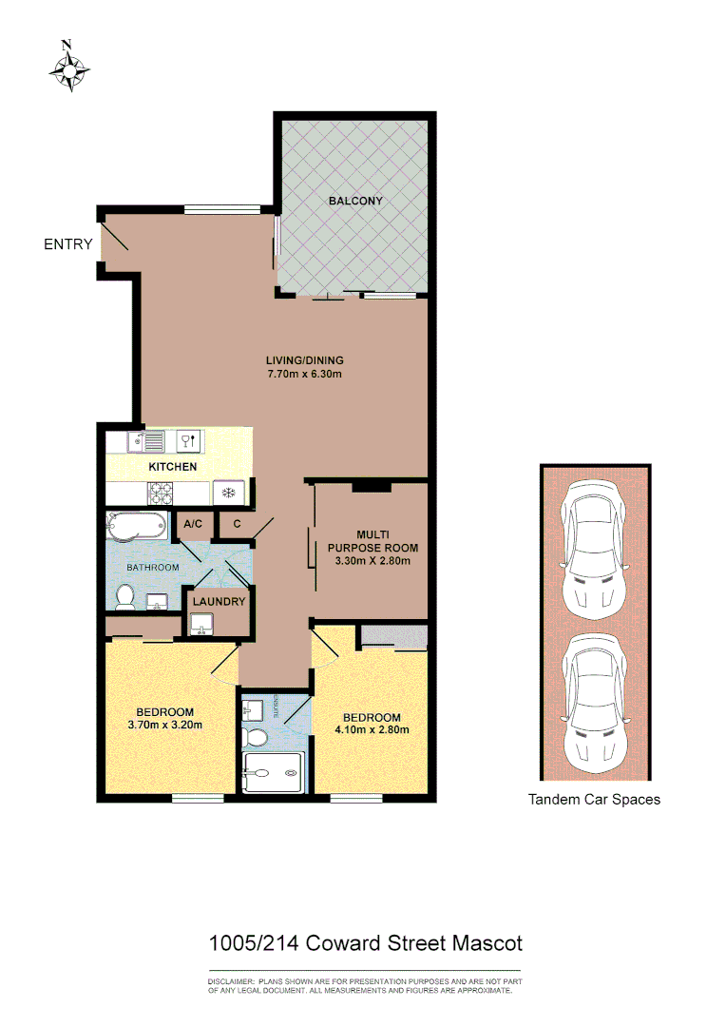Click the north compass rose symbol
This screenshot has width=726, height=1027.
pyautogui.click(x=69, y=68)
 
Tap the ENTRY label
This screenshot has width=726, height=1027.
pyautogui.click(x=68, y=244)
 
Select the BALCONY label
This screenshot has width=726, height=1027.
pyautogui.click(x=355, y=201)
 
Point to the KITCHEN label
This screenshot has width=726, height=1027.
pyautogui.click(x=173, y=467)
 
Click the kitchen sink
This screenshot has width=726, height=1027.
pyautogui.click(x=146, y=440)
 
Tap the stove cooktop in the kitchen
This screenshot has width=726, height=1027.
pyautogui.click(x=161, y=492)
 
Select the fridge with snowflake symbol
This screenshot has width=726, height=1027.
pyautogui.click(x=227, y=492)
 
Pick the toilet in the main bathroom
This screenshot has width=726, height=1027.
pyautogui.click(x=124, y=595)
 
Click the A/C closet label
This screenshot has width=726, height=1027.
pyautogui.click(x=193, y=524)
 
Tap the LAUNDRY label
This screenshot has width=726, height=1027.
pyautogui.click(x=219, y=602)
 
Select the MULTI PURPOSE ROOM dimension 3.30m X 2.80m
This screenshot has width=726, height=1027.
pyautogui.click(x=373, y=561)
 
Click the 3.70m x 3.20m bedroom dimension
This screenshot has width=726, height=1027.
pyautogui.click(x=164, y=725)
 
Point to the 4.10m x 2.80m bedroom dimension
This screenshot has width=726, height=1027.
pyautogui.click(x=371, y=730)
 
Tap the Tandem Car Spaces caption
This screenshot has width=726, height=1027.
pyautogui.click(x=594, y=800)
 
